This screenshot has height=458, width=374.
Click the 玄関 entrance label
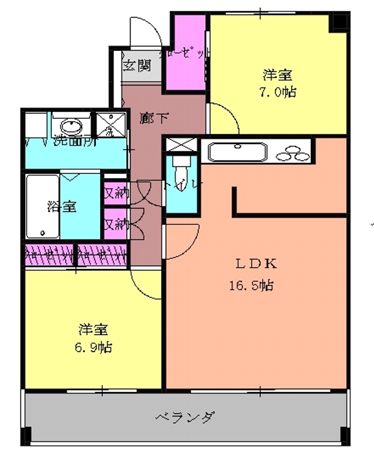tap(137, 66)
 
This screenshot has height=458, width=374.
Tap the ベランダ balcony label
tap(185, 416)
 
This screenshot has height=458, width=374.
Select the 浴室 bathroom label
tap(61, 207)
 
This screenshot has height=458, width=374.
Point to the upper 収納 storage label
tap(115, 192)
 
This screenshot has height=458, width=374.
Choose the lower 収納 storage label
tap(115, 223)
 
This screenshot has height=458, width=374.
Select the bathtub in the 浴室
tap(42, 207)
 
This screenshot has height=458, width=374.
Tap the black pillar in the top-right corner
tap(337, 21)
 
